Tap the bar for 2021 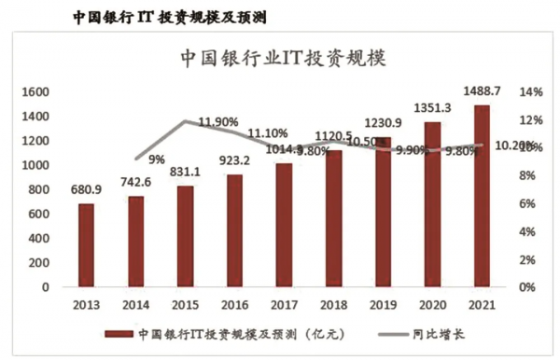click(481, 196)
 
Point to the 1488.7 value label click(482, 90)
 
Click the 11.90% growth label click(218, 122)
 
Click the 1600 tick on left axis click(34, 92)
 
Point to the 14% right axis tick click(531, 92)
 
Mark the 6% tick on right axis click(528, 203)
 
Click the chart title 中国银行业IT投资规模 click(282, 58)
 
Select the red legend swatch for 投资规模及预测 click(117, 333)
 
